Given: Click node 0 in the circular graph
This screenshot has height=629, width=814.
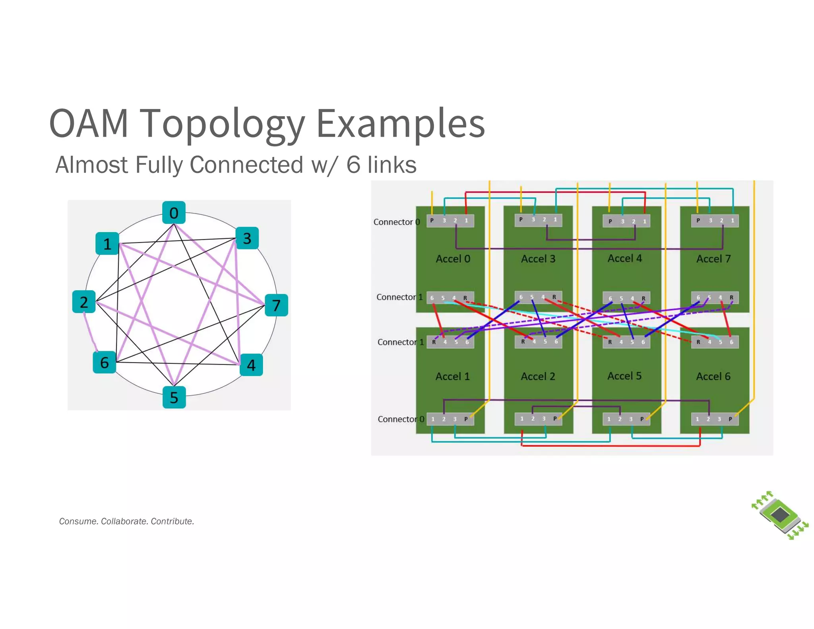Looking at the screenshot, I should pos(174,213).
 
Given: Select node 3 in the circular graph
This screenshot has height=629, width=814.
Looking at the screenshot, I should pos(247,238).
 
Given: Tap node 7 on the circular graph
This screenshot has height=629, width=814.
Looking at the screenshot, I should pos(276,305).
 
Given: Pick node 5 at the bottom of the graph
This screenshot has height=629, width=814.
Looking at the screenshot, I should pos(174,397).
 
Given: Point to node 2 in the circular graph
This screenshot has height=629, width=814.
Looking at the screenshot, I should pos(84,302).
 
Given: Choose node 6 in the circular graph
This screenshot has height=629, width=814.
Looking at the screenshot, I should pos(105,362).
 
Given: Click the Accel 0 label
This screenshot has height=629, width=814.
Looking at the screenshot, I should pos(453,259).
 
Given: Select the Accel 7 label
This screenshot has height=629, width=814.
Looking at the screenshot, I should pos(713,259).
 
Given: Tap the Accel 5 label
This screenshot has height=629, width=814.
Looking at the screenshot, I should pos(624,376).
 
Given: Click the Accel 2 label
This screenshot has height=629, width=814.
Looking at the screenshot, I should pos(538,376).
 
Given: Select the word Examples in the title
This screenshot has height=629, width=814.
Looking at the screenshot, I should pos(400,124).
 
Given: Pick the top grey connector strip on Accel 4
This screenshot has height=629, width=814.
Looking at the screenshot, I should pos(626,221).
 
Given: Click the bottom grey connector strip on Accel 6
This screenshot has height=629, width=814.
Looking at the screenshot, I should pos(714,419).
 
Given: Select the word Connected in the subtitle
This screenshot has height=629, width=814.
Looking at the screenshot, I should pos(246,165).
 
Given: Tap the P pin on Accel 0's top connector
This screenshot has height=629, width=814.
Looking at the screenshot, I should pos(432,220).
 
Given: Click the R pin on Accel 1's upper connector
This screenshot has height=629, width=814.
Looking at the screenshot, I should pos(434,342).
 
